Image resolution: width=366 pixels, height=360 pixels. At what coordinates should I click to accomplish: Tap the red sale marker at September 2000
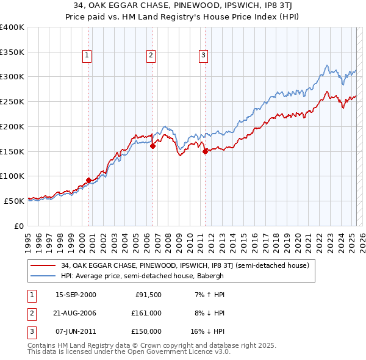pos(89,180)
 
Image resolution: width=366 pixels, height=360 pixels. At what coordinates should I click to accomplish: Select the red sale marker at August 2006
pos(152,146)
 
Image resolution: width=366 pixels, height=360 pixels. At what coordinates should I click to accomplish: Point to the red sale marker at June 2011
pos(205,152)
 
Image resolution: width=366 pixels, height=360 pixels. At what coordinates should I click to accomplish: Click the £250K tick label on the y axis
pos(12,102)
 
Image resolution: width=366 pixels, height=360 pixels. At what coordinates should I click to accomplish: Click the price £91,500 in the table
pos(148,295)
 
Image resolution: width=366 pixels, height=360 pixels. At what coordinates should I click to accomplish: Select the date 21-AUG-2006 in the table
pos(76,313)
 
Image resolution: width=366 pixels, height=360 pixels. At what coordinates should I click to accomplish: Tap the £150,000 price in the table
pos(147,331)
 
